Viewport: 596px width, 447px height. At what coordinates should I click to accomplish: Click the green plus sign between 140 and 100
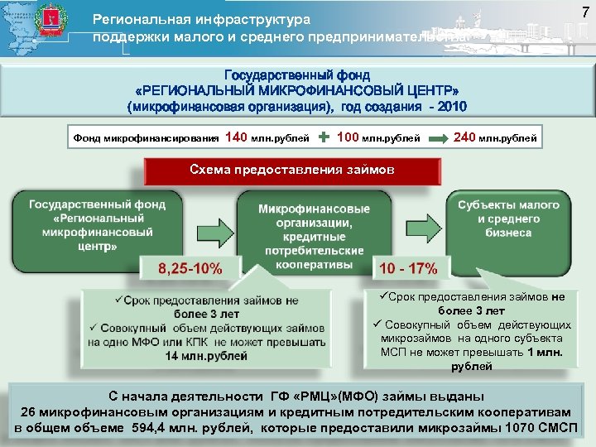324,137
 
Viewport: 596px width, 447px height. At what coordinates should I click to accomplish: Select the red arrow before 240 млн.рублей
439,137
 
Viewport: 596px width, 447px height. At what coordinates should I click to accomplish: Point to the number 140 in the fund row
236,137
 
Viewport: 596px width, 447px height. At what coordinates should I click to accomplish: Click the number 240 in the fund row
464,137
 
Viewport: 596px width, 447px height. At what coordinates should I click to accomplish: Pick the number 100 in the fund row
349,137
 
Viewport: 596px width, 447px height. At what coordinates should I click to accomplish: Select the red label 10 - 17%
407,268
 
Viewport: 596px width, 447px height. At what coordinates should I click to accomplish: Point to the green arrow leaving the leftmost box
209,227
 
